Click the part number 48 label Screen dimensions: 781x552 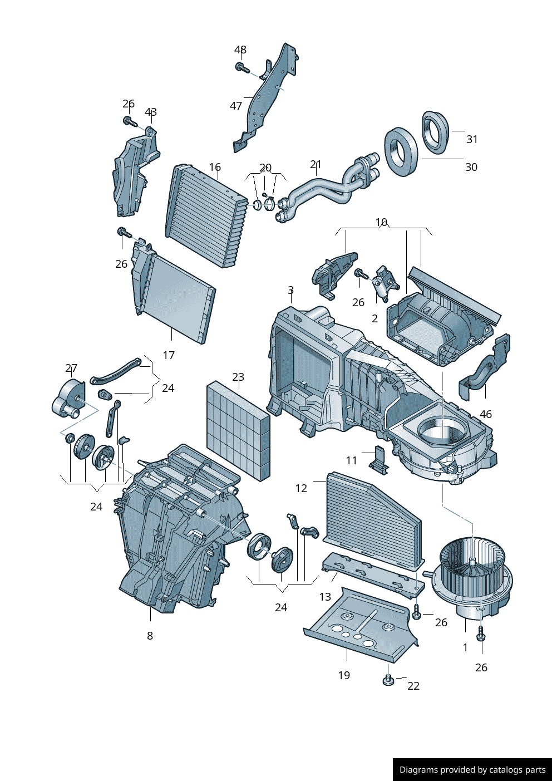[240, 50]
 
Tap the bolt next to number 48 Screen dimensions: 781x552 [241, 67]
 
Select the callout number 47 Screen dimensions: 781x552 [236, 106]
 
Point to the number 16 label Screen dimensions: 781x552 [215, 167]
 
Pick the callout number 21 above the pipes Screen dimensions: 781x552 [316, 165]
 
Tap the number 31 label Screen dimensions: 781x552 [472, 139]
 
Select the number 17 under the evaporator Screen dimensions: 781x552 [169, 355]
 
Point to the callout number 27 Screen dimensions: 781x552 [71, 368]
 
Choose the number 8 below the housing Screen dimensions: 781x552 [150, 636]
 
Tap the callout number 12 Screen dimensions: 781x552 [301, 488]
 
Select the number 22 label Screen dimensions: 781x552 [413, 686]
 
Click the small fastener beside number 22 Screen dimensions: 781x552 [388, 680]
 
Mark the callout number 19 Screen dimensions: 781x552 [344, 675]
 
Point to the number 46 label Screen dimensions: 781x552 [486, 414]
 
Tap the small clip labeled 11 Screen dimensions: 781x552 [381, 460]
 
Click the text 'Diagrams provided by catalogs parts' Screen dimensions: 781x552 [472, 770]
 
